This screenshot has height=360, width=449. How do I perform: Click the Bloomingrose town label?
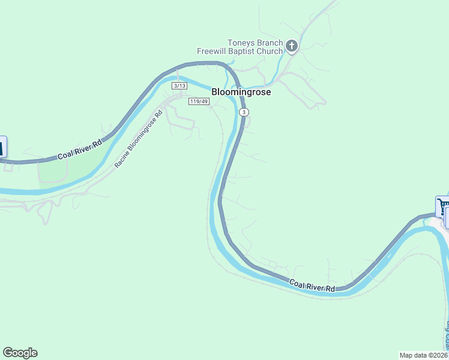point(241,92)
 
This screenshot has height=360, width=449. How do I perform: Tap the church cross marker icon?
point(291,46)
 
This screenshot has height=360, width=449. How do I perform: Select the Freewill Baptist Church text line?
point(240,52)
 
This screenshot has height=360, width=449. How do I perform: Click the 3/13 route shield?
point(179,86)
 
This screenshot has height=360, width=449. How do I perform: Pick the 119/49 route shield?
point(198,101)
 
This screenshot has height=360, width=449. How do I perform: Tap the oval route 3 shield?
point(243,113)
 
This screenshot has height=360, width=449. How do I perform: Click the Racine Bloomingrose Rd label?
point(139,139)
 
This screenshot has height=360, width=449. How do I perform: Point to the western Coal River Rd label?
point(80,148)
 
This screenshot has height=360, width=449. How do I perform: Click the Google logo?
point(20,353)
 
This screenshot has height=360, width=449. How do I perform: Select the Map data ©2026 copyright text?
point(424,355)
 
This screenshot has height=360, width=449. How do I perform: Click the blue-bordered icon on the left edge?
point(2,147)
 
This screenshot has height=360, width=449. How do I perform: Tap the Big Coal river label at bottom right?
point(447,336)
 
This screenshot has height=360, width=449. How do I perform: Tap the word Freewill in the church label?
point(211,52)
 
